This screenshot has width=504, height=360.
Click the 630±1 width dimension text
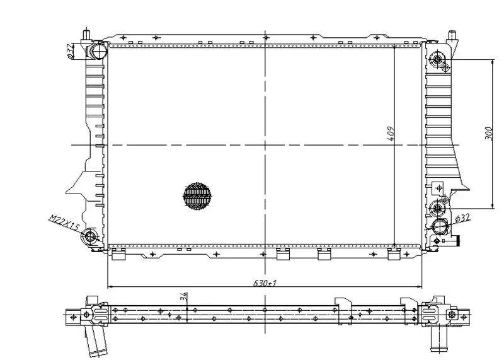[x=265, y=283]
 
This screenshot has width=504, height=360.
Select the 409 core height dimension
[x=391, y=134]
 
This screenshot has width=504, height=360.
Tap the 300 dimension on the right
[x=489, y=133]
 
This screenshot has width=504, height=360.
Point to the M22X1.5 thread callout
[x=64, y=223]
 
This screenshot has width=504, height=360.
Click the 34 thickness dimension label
[x=183, y=296]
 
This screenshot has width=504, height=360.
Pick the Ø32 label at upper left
[x=70, y=52]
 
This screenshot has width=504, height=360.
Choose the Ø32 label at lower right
[x=462, y=218]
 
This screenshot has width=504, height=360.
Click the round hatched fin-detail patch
[x=198, y=196]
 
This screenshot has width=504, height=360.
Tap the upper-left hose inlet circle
[x=99, y=51]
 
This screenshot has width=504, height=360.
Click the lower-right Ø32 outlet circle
[x=440, y=226]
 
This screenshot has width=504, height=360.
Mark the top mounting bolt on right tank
[x=437, y=59]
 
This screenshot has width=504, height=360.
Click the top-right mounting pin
[x=452, y=35]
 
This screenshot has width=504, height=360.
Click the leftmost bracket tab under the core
[x=118, y=255]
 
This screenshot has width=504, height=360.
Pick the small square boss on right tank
[x=438, y=187]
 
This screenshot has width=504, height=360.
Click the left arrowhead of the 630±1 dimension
[x=109, y=286]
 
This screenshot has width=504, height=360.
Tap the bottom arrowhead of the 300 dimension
[x=493, y=206]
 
